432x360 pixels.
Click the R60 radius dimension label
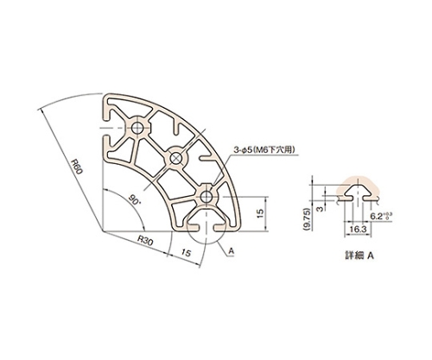point(77,167)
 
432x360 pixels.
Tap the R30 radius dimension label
point(145,240)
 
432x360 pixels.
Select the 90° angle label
point(133,199)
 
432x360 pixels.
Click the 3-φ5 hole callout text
point(264,150)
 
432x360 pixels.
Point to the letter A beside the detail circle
point(232,251)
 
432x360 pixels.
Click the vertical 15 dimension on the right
point(260,213)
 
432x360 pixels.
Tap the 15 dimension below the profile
point(186,253)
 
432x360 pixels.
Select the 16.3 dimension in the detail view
point(358,230)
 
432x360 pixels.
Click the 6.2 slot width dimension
point(381,216)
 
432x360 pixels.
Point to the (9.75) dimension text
point(308,219)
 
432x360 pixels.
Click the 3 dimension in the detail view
point(320,208)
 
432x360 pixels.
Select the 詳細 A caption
point(359,256)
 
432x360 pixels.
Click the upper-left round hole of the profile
point(137,128)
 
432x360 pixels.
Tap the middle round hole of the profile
point(175,157)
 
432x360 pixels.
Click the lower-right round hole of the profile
point(206,198)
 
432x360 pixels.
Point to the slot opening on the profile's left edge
point(105,128)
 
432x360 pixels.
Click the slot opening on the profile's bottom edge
point(206,228)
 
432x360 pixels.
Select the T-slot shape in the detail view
point(358,193)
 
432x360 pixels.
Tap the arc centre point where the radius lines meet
point(103,231)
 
